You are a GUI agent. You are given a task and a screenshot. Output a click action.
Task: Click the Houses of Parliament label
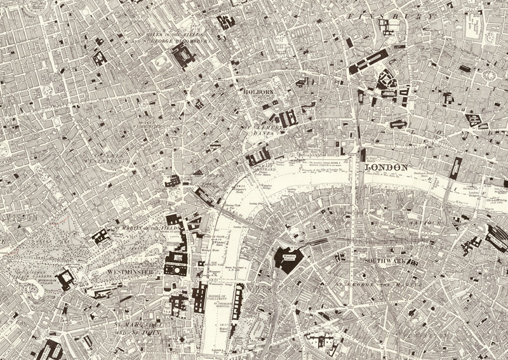(219, 298)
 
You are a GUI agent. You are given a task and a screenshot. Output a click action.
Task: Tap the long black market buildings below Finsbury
(368, 62)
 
